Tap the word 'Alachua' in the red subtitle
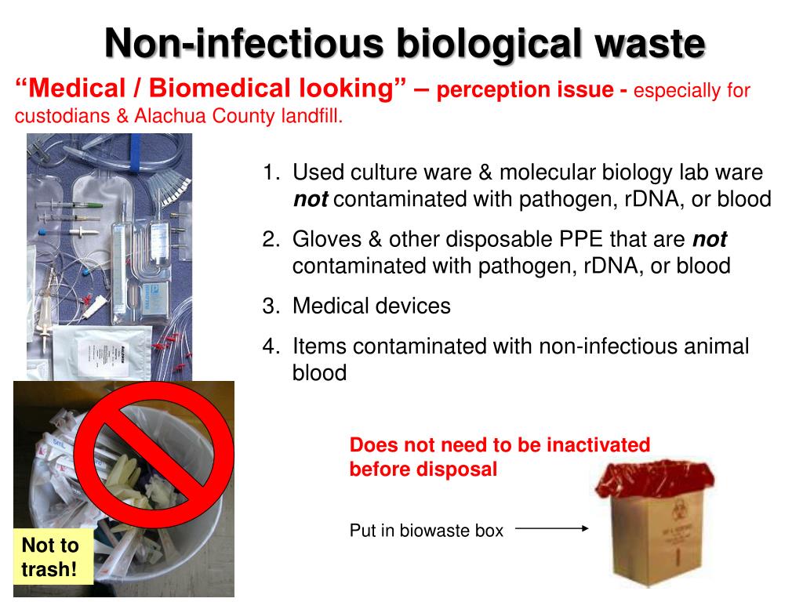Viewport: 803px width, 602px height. click(x=170, y=118)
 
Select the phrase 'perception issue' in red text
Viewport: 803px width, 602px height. click(x=525, y=91)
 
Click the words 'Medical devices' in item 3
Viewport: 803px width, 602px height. click(x=371, y=306)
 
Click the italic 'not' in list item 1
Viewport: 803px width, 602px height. click(x=310, y=200)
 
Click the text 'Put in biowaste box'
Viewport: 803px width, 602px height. click(x=426, y=531)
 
